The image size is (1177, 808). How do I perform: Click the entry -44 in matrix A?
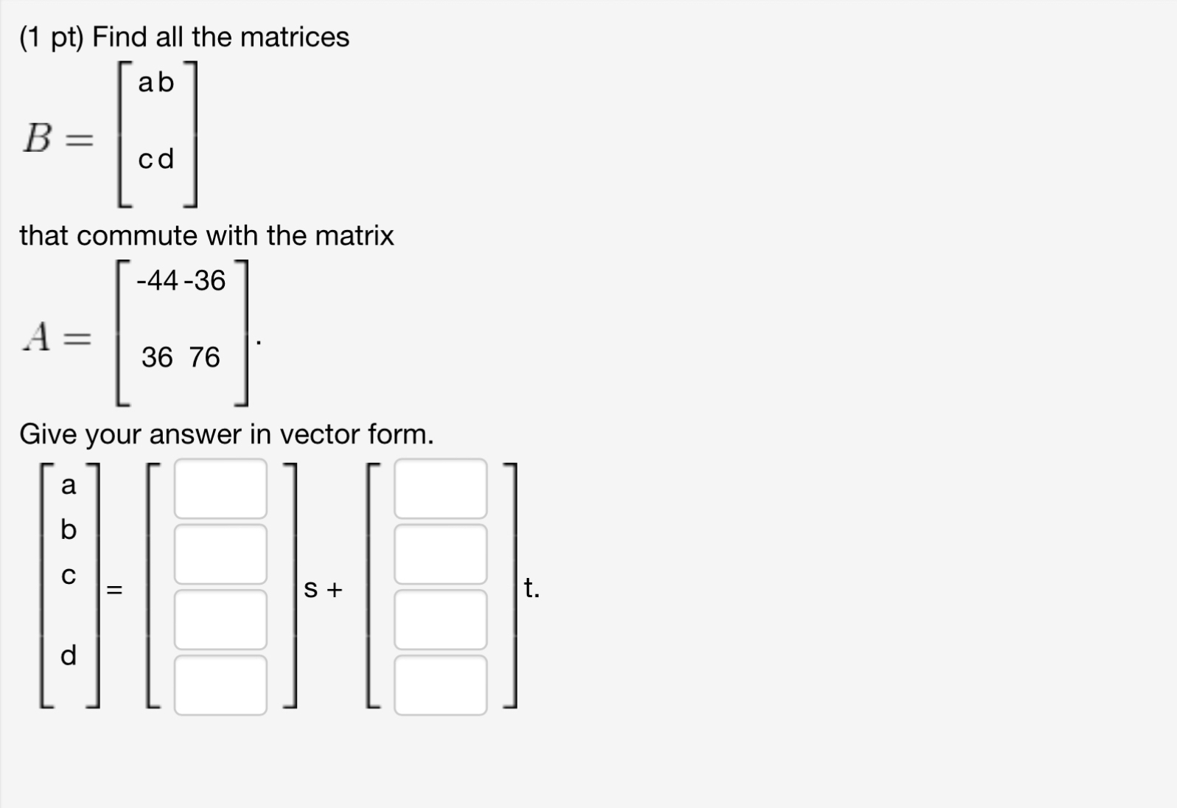pos(157,280)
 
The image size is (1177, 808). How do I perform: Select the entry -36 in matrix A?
pos(205,280)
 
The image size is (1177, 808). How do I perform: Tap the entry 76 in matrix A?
pos(204,358)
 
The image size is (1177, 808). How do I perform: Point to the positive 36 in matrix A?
pos(157,358)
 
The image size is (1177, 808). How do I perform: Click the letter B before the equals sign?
pos(38,138)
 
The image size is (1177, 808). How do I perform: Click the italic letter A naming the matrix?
pos(38,338)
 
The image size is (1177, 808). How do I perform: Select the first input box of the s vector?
pos(220,489)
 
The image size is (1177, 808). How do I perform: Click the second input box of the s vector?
pos(220,554)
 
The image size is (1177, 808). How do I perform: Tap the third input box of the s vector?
pos(220,619)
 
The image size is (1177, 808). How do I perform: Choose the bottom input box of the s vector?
pos(220,685)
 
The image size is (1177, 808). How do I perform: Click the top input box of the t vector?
pos(440,489)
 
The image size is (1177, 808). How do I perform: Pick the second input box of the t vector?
pos(440,554)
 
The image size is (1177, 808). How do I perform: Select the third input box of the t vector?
pos(440,619)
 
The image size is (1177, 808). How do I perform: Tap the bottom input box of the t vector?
pos(440,685)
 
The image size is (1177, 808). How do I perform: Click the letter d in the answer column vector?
pos(69,655)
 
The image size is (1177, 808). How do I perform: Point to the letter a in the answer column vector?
pos(69,485)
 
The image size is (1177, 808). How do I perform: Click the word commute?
pos(137,236)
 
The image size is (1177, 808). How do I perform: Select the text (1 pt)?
pos(52,37)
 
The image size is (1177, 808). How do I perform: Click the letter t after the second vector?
pos(529,588)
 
